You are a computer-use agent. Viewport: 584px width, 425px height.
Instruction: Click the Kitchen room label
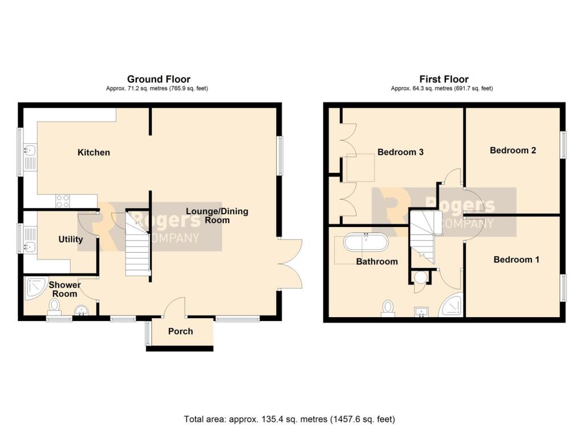point(94,152)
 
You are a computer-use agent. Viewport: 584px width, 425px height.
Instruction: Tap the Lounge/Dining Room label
point(217,216)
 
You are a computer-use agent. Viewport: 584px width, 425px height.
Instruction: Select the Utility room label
point(70,239)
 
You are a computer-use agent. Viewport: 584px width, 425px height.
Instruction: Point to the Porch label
point(180,331)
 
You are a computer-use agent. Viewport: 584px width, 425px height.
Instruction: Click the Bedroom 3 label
point(400,152)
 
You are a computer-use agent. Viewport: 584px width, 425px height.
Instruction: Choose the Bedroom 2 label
point(513,151)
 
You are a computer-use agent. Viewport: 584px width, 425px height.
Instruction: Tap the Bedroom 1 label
point(516,260)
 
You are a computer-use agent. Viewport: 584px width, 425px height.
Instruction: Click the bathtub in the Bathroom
point(366,242)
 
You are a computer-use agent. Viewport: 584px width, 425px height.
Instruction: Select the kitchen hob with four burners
point(62,201)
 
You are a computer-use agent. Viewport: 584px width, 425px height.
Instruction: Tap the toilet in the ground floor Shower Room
point(55,308)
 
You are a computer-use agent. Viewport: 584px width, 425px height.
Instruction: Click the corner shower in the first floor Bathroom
point(452,305)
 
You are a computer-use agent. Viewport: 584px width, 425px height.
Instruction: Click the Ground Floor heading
point(159,79)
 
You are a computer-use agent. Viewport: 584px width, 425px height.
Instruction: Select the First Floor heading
point(444,79)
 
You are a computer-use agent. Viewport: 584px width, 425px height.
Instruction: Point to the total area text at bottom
point(289,419)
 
